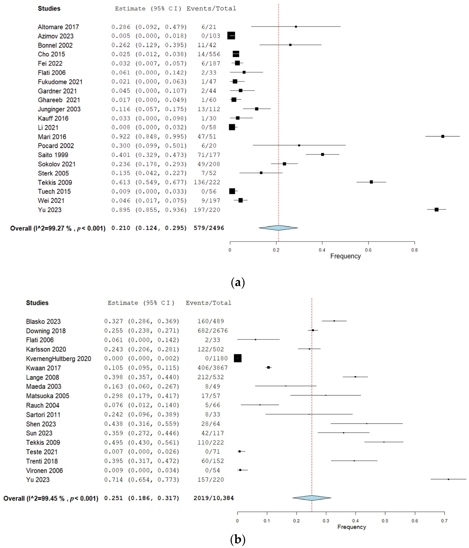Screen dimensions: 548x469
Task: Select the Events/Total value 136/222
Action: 209,182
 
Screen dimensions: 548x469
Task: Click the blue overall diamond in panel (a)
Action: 278,228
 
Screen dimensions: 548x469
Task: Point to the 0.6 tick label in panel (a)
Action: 368,250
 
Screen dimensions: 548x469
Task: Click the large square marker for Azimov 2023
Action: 231,36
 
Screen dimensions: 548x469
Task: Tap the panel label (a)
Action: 238,282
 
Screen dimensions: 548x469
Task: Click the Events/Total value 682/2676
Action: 212,331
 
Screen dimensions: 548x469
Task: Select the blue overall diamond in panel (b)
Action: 312,498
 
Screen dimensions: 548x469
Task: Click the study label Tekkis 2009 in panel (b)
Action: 43,443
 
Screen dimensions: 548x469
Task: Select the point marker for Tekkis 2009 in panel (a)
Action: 371,182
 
